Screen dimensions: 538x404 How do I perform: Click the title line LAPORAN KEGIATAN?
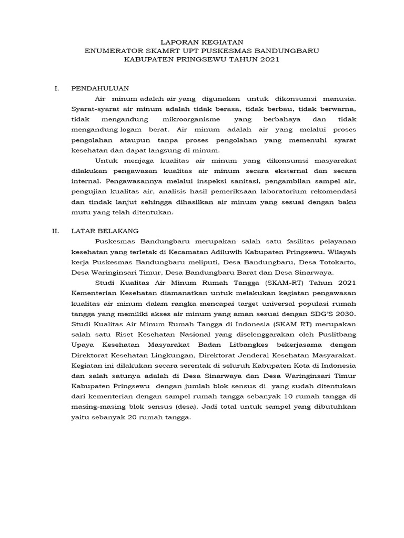202,41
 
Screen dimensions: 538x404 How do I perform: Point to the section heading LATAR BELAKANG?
105,231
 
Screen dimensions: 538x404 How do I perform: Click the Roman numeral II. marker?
57,231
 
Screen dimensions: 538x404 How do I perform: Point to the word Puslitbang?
337,335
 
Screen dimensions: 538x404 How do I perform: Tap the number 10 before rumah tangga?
282,397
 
